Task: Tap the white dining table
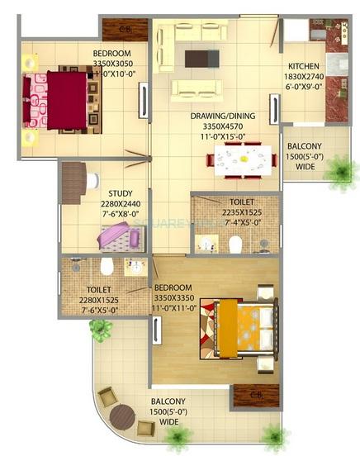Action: click(244, 158)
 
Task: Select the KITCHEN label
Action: click(303, 66)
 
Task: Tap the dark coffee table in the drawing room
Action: click(202, 58)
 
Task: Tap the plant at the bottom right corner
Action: click(273, 439)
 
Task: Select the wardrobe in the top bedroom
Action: click(125, 30)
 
